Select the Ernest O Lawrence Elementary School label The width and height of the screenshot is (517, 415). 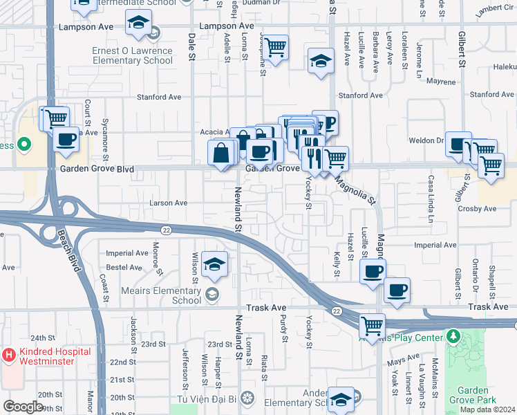[x=132, y=55]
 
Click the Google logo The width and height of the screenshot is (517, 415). [x=23, y=407]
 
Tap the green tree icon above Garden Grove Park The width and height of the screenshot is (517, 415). [x=453, y=337]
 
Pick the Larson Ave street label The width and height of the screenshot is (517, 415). [x=169, y=203]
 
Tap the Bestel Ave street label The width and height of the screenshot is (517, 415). [x=124, y=267]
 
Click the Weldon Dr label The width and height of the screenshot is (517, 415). [x=429, y=140]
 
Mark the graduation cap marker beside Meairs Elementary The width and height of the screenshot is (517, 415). [x=215, y=265]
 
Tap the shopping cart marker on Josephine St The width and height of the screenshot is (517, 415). [x=275, y=48]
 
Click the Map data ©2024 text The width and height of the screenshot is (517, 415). [x=487, y=409]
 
